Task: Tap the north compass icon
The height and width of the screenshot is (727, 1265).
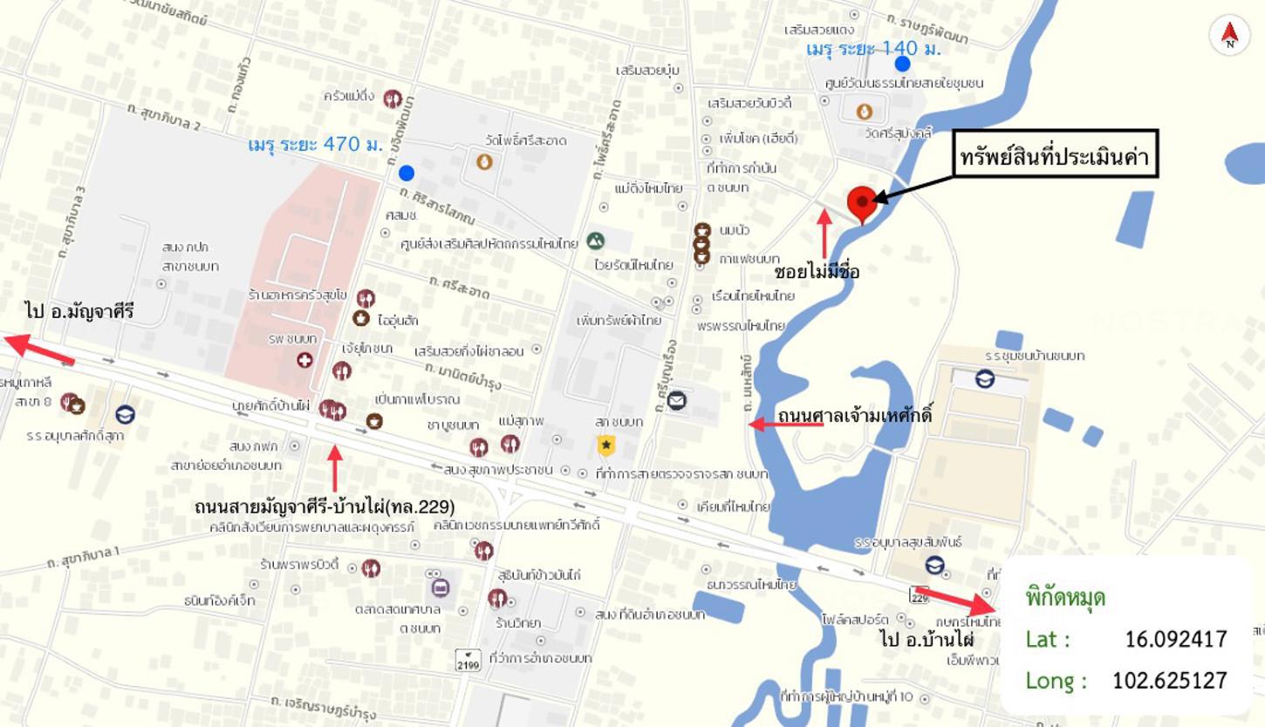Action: [x=1230, y=35]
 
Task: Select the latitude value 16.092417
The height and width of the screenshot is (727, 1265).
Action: [x=1175, y=639]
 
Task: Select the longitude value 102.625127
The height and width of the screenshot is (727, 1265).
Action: [x=1169, y=680]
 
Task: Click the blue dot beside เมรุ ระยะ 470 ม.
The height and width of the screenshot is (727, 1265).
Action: [x=406, y=173]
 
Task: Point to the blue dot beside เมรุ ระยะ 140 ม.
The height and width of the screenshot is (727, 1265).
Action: [x=902, y=64]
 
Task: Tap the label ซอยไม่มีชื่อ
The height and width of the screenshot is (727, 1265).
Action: [x=817, y=272]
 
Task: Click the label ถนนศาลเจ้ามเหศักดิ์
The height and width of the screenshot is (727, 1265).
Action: [x=854, y=415]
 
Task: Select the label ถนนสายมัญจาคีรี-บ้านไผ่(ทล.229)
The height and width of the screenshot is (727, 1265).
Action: [x=325, y=506]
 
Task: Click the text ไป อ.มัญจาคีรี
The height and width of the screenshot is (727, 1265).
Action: [x=79, y=310]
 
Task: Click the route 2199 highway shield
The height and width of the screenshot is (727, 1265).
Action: [x=468, y=659]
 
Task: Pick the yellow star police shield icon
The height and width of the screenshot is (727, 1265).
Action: [x=605, y=446]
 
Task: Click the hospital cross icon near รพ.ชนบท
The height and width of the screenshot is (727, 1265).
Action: [x=304, y=359]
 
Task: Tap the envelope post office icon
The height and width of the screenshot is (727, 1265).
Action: [x=677, y=400]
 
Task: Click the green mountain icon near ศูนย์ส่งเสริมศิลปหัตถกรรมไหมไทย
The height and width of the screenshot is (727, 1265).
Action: [x=595, y=241]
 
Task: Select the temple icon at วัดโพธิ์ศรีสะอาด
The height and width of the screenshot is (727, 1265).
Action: [x=484, y=161]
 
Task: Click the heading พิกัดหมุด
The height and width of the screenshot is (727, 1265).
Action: [x=1065, y=598]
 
